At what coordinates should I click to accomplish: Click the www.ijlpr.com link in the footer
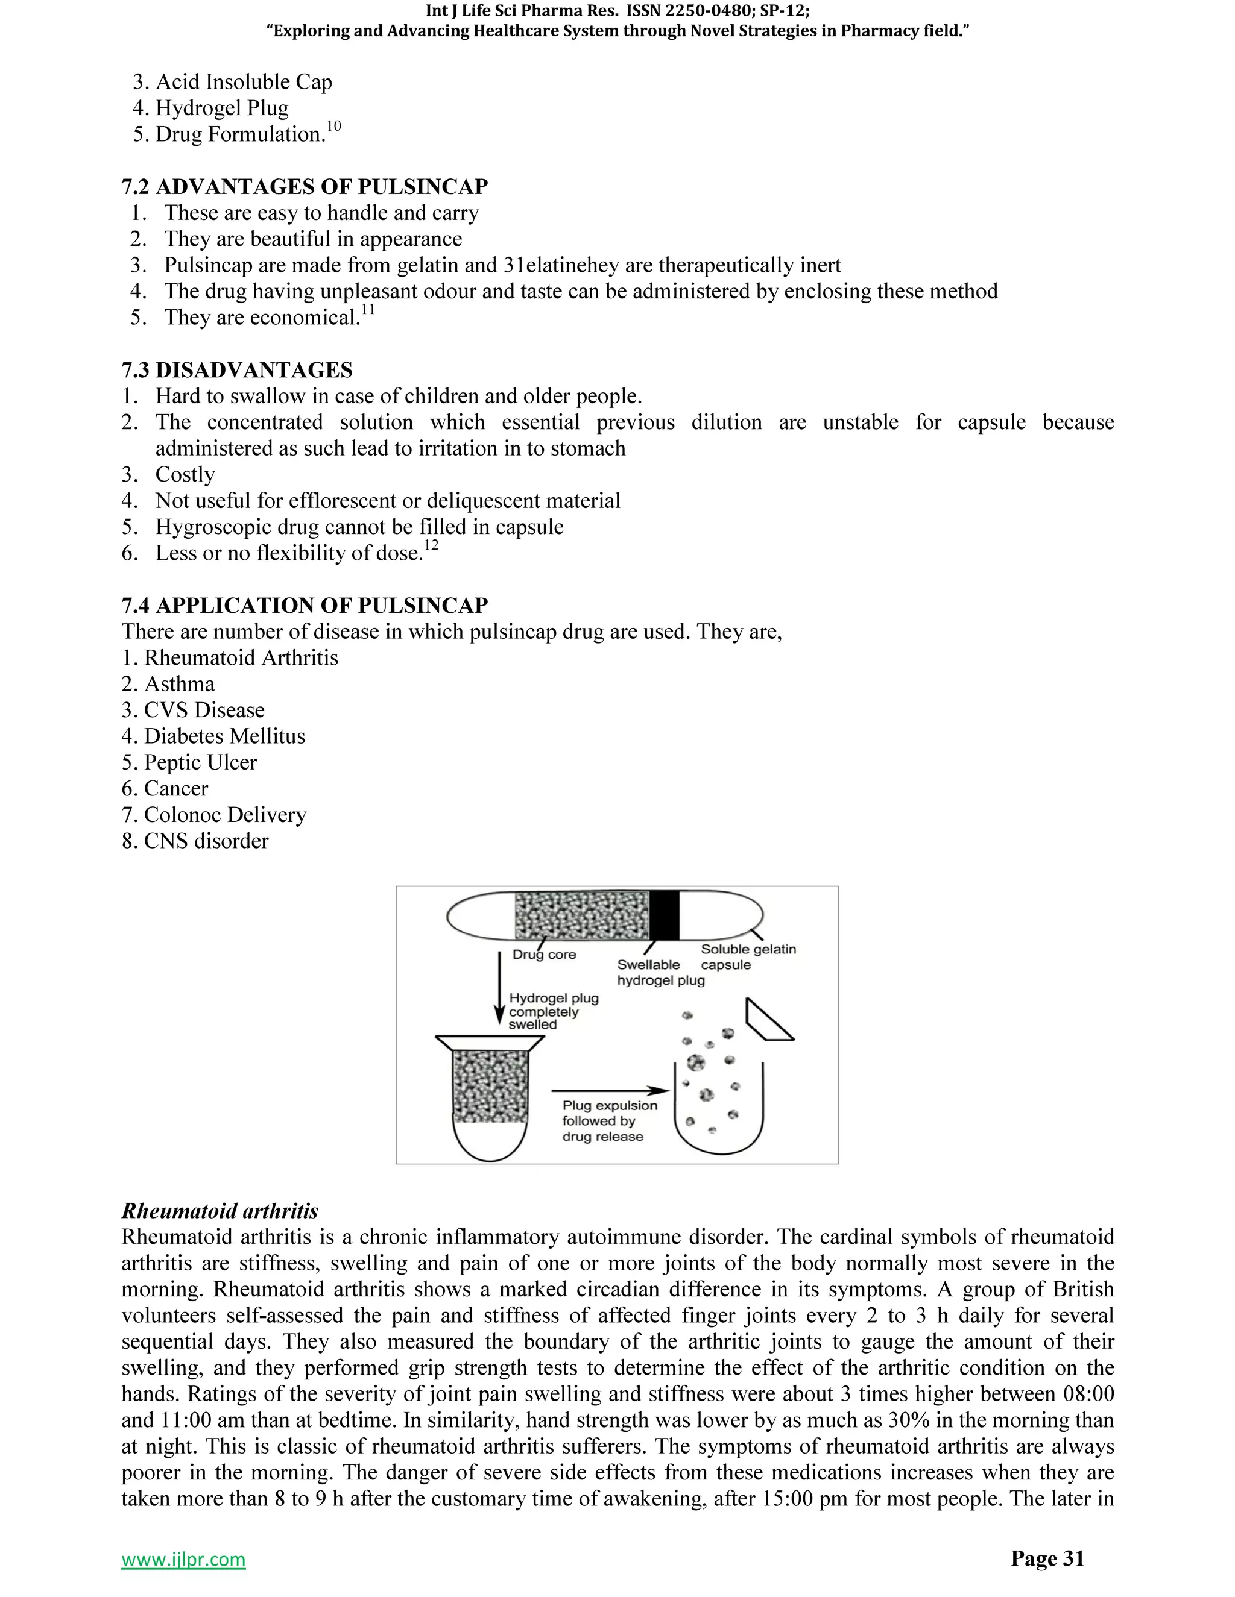tap(183, 1560)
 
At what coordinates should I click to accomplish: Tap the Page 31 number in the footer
tap(1047, 1558)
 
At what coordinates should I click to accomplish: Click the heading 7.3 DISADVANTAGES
tap(237, 370)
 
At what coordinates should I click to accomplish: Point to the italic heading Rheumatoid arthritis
tap(220, 1211)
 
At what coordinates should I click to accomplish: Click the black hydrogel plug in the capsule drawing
tap(665, 915)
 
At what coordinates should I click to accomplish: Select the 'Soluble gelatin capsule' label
tap(747, 956)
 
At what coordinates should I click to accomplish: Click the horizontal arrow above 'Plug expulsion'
tap(610, 1092)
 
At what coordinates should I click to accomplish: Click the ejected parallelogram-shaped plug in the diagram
tap(769, 1020)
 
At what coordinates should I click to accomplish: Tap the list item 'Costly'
tap(185, 474)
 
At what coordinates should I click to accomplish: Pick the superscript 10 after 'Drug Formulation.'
tap(333, 127)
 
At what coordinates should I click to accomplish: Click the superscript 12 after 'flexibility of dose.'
tap(431, 545)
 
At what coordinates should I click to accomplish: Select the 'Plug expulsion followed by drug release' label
tap(608, 1121)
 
